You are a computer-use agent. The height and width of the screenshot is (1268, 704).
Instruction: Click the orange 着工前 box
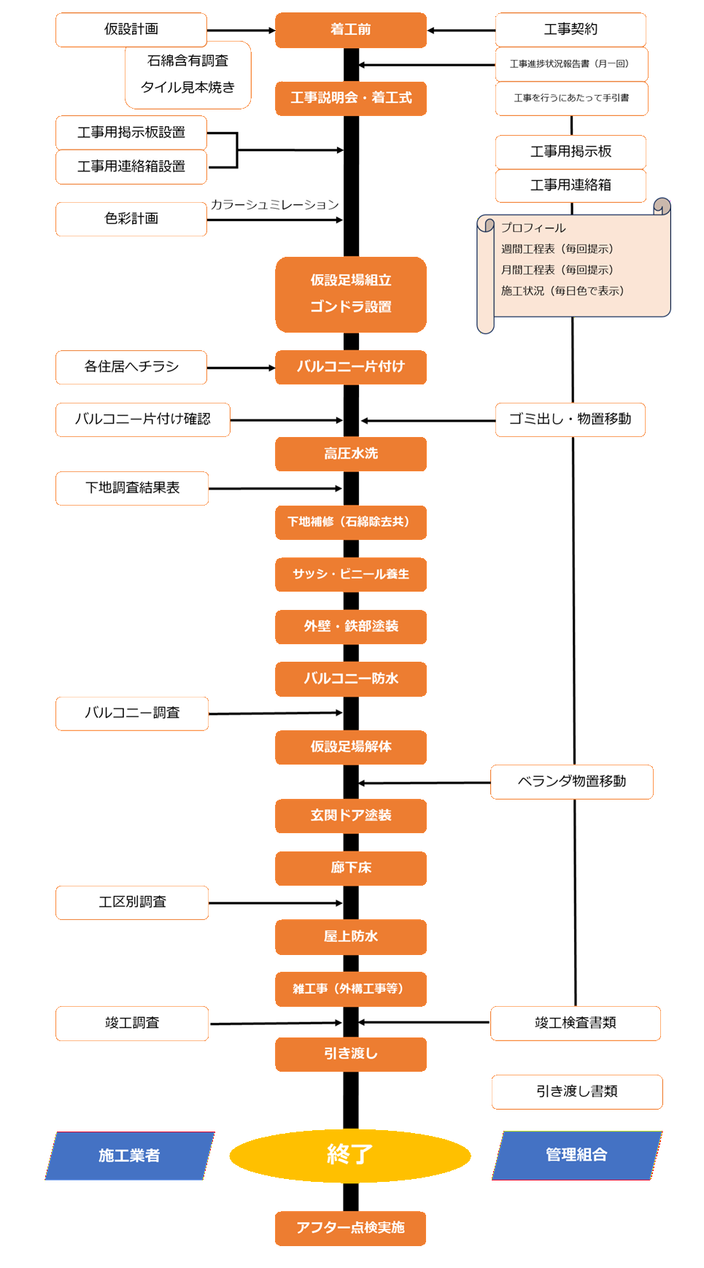point(351,30)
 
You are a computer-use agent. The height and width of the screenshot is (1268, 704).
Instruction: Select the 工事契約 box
point(570,29)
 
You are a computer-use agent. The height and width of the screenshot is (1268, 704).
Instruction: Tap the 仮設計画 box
point(131,29)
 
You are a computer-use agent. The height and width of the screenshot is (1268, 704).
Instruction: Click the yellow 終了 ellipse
point(350,1154)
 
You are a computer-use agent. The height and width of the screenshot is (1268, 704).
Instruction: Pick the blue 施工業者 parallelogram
point(129,1155)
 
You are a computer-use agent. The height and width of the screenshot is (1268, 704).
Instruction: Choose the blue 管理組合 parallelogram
point(576,1154)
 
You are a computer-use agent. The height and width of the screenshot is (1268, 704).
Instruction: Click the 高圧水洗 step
point(351,454)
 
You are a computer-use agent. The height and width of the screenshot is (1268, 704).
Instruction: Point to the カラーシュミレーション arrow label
point(275,205)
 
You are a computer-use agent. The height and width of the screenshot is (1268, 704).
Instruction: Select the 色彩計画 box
point(131,219)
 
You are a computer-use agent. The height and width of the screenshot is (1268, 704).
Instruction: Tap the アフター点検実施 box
point(351,1228)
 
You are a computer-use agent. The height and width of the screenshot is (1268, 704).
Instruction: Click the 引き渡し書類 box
point(576,1091)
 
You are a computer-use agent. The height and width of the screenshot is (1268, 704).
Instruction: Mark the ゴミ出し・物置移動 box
point(570,420)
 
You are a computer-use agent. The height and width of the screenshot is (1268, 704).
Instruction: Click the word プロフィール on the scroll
point(533,228)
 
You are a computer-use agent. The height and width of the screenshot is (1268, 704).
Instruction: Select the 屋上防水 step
point(351,937)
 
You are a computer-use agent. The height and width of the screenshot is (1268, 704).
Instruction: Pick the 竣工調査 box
point(132,1023)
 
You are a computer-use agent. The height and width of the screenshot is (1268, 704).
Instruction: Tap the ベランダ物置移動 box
point(572,781)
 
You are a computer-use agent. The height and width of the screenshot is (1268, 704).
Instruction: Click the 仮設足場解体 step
point(351,747)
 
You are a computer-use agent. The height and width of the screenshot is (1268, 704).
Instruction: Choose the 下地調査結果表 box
point(132,488)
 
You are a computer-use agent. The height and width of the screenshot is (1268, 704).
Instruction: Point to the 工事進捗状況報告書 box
point(571,64)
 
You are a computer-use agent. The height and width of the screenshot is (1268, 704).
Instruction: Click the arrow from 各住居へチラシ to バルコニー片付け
point(241,368)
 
